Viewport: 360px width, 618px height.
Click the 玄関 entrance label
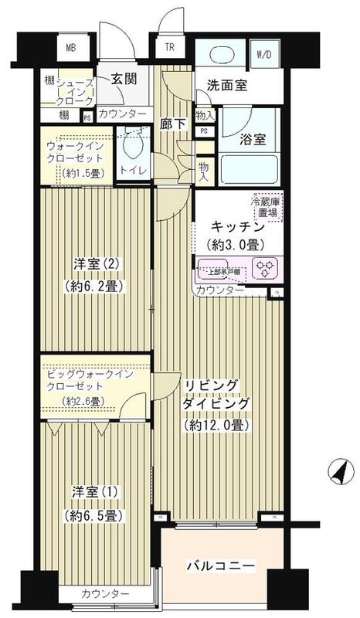123,78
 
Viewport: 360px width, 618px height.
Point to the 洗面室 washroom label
227,86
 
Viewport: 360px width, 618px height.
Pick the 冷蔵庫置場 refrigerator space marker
265,207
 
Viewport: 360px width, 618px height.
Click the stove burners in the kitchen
266,269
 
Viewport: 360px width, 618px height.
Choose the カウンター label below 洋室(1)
104,593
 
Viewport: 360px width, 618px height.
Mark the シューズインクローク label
76,91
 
